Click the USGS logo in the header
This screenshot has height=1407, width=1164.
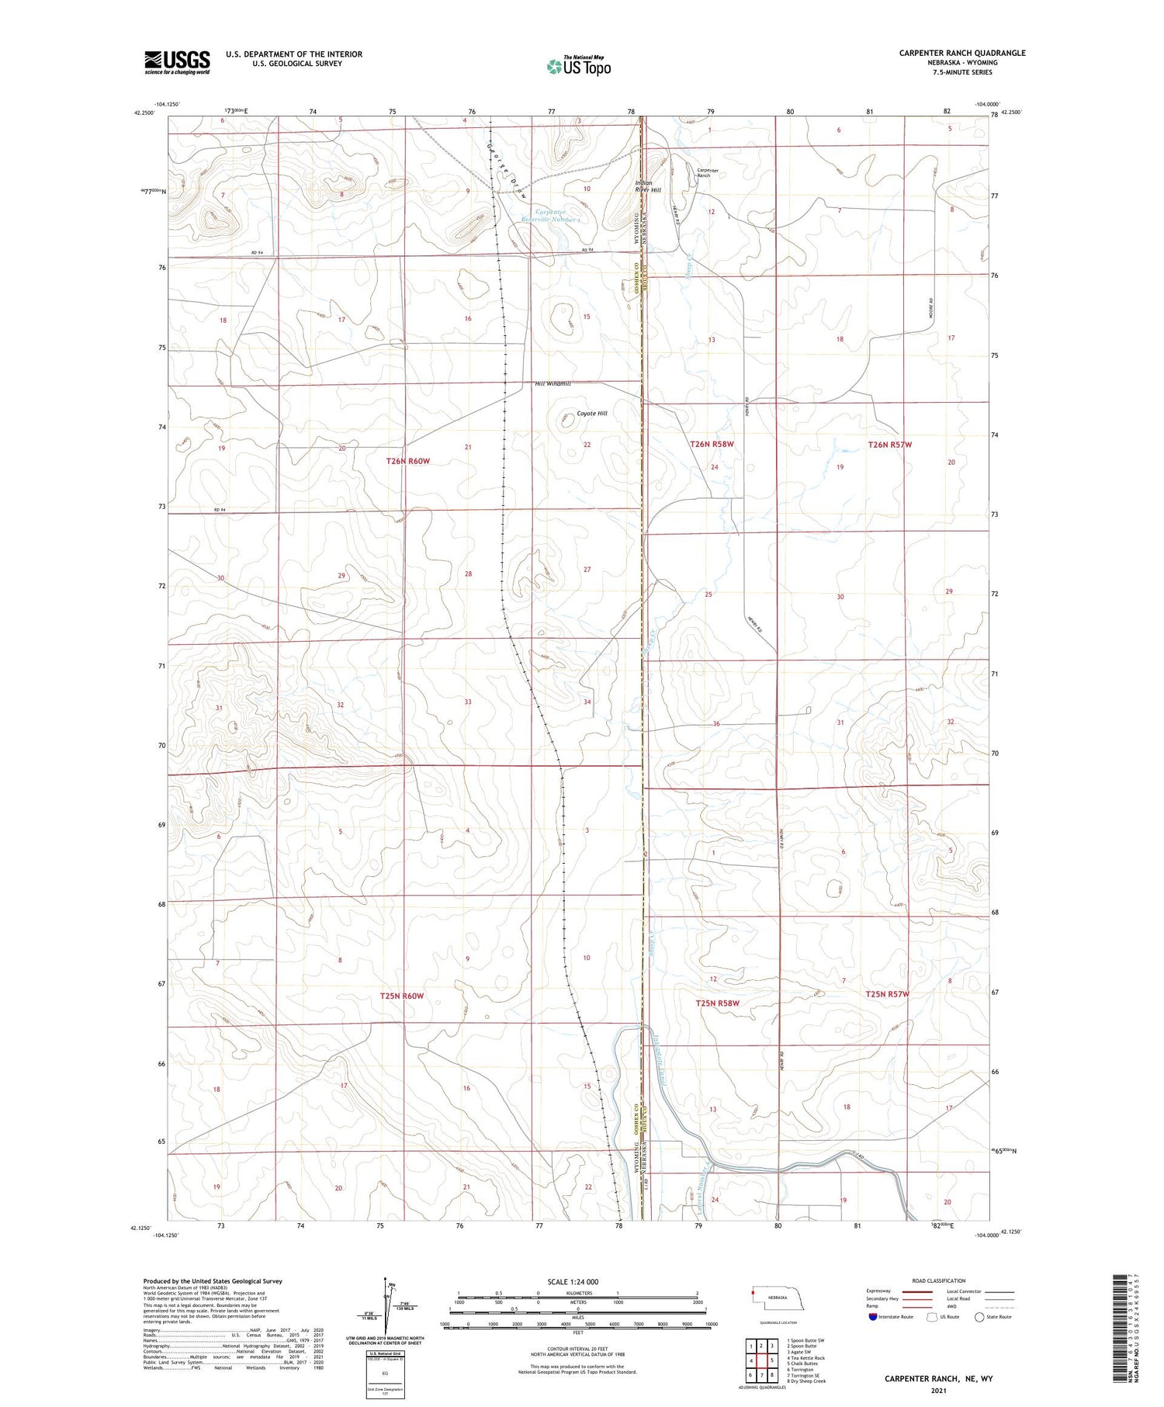coord(177,62)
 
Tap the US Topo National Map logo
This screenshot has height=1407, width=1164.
coord(578,66)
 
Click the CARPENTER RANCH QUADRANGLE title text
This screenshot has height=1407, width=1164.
coord(961,53)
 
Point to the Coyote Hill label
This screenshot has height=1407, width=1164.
coord(591,414)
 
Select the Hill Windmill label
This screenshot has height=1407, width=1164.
coord(553,383)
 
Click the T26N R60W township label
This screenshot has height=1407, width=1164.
coord(407,461)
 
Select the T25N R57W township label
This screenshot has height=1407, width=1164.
coord(889,994)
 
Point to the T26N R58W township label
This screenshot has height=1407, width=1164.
coord(712,444)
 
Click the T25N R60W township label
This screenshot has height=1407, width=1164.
coord(402,996)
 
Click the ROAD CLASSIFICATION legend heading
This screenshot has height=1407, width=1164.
coord(939,1281)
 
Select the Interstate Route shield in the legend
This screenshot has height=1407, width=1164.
coord(873,1317)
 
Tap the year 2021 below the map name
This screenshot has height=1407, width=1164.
coord(938,1391)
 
